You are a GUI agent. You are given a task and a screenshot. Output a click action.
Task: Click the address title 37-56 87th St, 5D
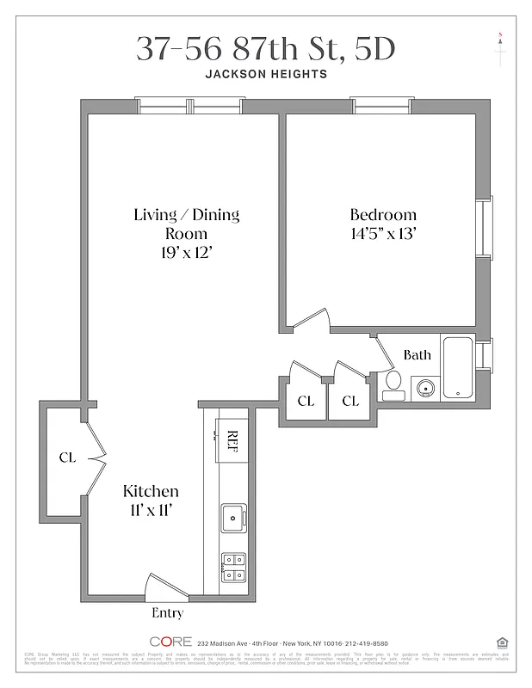(x=265, y=49)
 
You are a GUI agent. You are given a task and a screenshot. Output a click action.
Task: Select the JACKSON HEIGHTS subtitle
(x=265, y=74)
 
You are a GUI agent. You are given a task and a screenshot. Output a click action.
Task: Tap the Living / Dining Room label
(x=186, y=224)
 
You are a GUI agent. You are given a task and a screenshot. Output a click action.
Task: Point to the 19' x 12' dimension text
(x=186, y=252)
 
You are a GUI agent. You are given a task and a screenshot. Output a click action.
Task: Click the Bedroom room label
(x=382, y=215)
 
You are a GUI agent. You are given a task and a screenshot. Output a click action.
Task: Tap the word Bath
(x=418, y=354)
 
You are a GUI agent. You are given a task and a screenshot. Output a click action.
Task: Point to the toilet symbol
(x=393, y=383)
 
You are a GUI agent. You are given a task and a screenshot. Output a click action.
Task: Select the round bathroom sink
(x=424, y=388)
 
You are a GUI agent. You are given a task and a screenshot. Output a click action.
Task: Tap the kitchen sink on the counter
(x=233, y=518)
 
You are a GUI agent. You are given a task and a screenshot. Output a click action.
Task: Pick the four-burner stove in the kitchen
(x=233, y=567)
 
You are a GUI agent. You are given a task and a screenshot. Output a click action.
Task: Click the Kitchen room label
(x=151, y=491)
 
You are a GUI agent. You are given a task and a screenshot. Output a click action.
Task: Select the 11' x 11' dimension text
(x=151, y=510)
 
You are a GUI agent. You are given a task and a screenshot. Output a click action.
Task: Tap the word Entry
(x=167, y=613)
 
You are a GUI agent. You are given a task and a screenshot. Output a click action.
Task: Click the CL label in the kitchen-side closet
(x=67, y=458)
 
